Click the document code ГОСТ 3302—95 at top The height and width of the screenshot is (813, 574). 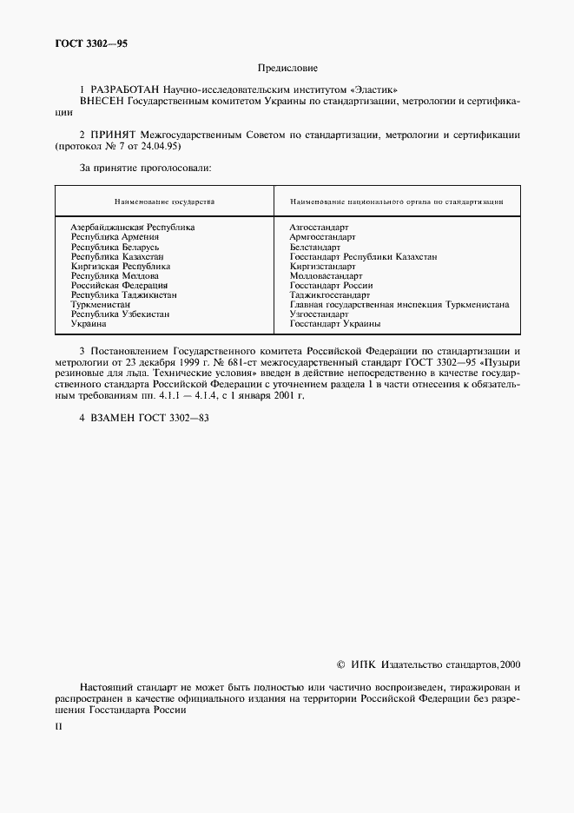coord(85,43)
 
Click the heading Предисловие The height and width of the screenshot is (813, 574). coord(287,68)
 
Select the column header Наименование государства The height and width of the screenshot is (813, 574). coord(164,201)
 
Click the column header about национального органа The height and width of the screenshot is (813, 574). coord(397,201)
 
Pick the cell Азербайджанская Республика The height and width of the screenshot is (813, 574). coord(132,227)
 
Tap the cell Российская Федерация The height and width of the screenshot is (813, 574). coord(119,285)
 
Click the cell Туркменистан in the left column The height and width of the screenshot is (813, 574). coord(101,305)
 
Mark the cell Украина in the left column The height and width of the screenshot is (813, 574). coord(89,324)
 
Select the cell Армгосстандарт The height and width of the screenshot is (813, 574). coord(323,236)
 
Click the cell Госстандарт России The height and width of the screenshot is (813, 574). coord(331,285)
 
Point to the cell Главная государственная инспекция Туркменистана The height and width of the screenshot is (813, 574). coord(399,305)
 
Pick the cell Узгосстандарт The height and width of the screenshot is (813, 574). coord(319,314)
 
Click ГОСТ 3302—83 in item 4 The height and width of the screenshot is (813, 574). coord(174,417)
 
